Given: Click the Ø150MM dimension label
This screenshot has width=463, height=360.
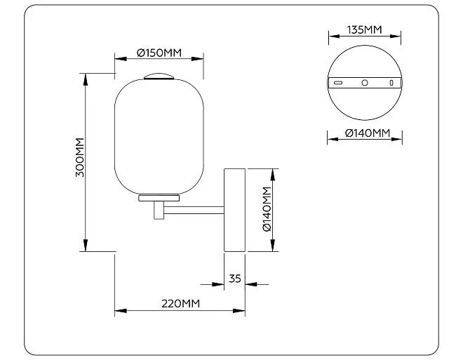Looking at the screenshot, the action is [x=159, y=53].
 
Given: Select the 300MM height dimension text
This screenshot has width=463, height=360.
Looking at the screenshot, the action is [x=80, y=157].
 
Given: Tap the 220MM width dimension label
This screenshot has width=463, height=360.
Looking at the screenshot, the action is [x=180, y=304].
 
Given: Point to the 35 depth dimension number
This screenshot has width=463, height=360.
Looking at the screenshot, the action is [x=235, y=279].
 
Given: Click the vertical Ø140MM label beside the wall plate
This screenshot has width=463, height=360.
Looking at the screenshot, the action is [x=267, y=209].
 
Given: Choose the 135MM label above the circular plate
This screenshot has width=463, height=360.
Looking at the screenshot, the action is [x=364, y=30].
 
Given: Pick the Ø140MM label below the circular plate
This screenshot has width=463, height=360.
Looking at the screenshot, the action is [x=368, y=133].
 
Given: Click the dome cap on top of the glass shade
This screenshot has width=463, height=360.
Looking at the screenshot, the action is [x=159, y=76].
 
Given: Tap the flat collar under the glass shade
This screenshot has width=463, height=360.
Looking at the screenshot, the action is [x=159, y=198].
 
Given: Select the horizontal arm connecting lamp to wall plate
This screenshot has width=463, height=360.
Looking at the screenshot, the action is [x=194, y=211].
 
